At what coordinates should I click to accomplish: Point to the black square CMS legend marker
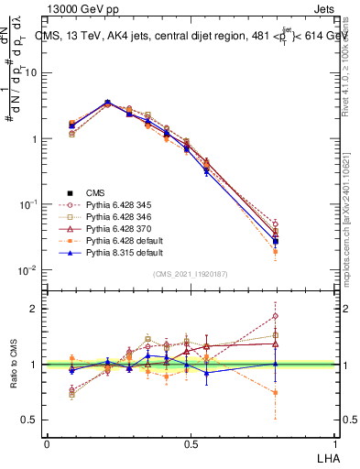tap(70, 192)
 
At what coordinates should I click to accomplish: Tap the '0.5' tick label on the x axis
tap(190, 443)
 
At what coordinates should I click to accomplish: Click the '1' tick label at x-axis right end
tap(333, 443)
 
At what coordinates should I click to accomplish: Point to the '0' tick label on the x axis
tap(47, 443)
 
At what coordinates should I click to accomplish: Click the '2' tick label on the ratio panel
tap(35, 309)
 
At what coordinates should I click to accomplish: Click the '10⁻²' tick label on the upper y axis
tap(28, 270)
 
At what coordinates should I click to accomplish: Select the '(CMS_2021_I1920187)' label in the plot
tap(190, 274)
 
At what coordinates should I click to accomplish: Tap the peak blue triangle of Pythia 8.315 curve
tap(107, 103)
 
